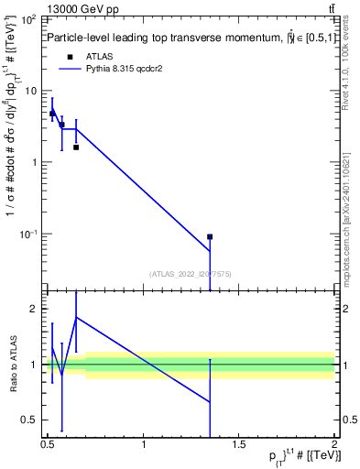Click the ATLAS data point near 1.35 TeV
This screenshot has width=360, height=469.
pyautogui.click(x=210, y=236)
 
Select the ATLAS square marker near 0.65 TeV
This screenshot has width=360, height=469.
pyautogui.click(x=76, y=147)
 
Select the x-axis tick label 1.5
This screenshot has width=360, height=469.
pyautogui.click(x=239, y=446)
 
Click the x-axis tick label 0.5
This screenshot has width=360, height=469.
pyautogui.click(x=48, y=446)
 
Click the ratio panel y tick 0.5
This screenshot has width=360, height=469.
pyautogui.click(x=33, y=420)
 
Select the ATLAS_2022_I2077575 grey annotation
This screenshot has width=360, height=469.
pyautogui.click(x=190, y=272)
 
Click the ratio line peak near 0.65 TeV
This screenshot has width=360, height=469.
pyautogui.click(x=76, y=317)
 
